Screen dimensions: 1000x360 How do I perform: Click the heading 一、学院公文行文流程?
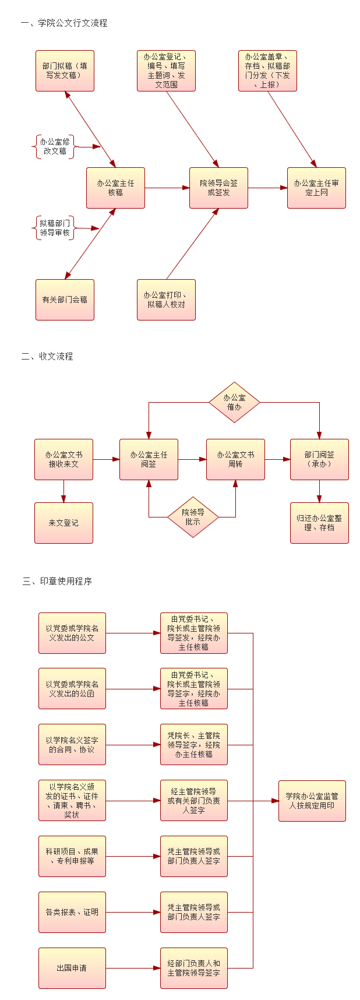64,23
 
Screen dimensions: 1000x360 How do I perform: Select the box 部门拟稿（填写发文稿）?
65,71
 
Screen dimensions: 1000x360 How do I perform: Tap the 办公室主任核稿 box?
115,188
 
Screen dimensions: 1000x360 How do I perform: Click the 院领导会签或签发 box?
218,188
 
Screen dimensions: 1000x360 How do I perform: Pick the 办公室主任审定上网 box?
316,188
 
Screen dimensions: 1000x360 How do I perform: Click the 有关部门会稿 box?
65,300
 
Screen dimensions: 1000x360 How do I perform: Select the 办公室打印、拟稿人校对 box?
166,300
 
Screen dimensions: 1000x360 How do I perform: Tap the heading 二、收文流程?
47,356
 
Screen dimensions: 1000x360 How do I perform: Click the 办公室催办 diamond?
234,402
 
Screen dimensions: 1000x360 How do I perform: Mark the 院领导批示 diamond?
193,517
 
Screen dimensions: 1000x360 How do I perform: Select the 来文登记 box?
63,523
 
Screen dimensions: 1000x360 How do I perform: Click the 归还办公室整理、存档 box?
319,523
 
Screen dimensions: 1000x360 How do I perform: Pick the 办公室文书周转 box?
235,459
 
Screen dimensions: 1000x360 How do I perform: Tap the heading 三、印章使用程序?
57,581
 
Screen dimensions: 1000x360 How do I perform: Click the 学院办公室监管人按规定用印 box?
312,801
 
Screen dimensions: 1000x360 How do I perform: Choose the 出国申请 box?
72,968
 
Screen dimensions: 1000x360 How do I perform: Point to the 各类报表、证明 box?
72,912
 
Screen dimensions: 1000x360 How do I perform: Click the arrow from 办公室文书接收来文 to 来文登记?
63,491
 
